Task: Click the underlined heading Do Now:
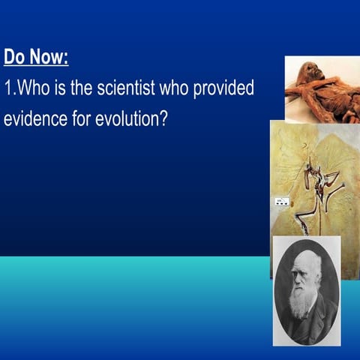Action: pyautogui.click(x=36, y=57)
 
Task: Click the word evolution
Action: pyautogui.click(x=127, y=119)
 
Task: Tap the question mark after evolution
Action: pyautogui.click(x=162, y=119)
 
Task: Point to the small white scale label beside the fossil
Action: pyautogui.click(x=283, y=201)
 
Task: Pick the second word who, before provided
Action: pyautogui.click(x=175, y=88)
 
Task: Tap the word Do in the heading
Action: pyautogui.click(x=14, y=57)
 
